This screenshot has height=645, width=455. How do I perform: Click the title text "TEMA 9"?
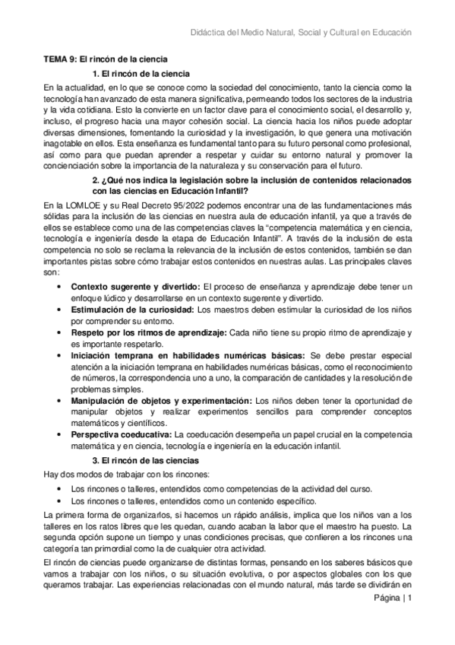[x=59, y=59]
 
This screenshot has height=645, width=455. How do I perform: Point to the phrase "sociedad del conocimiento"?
[x=220, y=87]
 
